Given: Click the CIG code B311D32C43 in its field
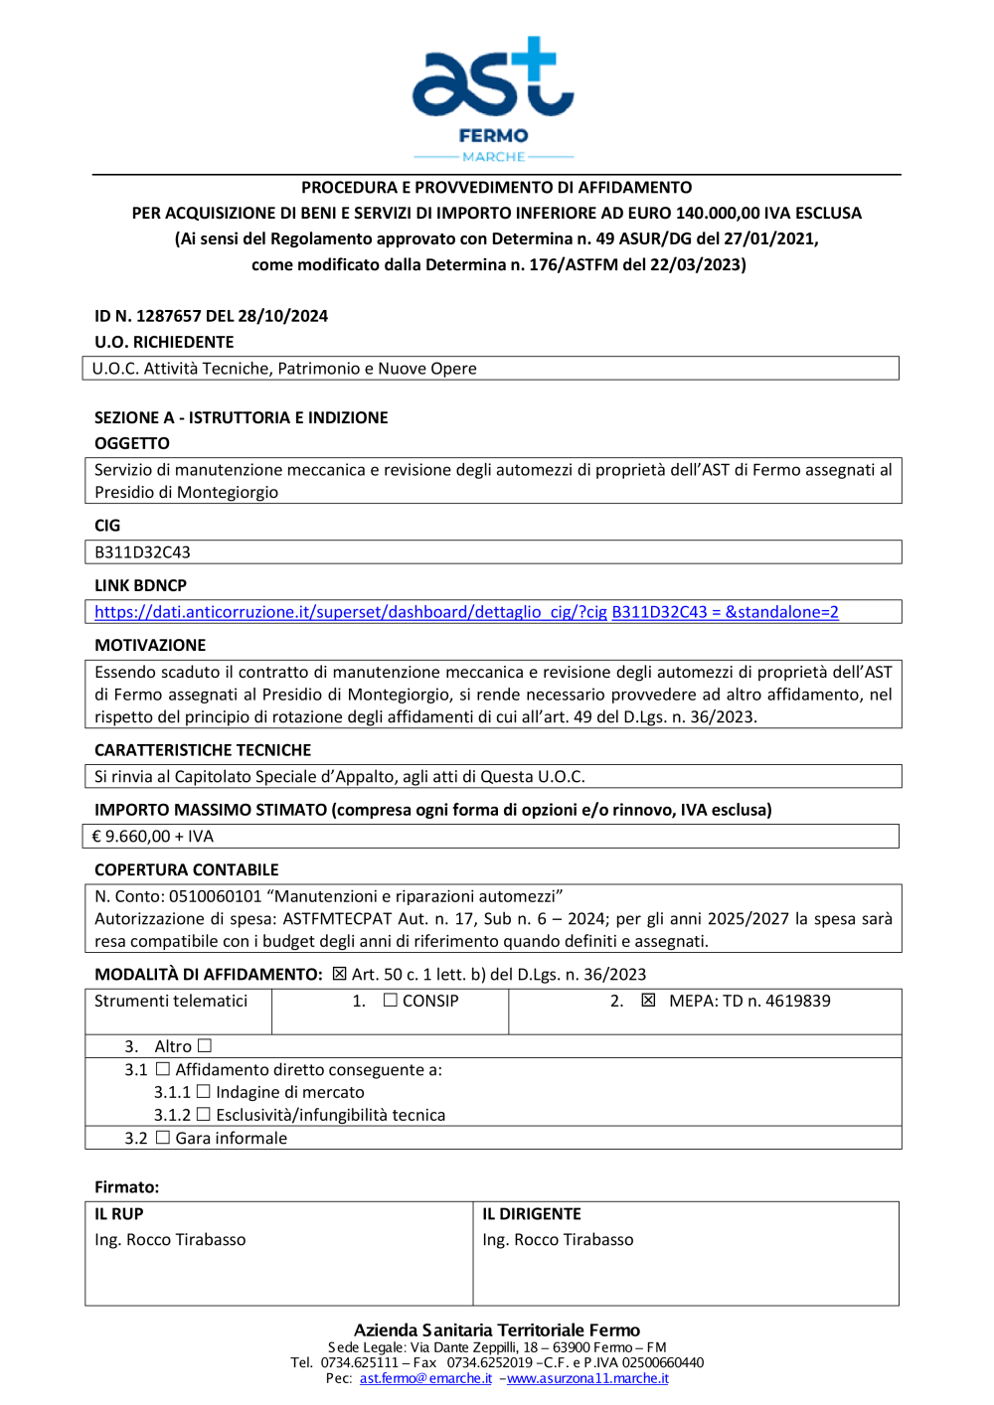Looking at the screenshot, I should (x=142, y=552).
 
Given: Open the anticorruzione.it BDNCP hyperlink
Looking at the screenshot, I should (x=465, y=612).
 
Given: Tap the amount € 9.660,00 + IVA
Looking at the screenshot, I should (x=152, y=837).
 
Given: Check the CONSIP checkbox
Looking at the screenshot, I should (x=391, y=1001).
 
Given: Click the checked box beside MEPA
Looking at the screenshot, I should (x=648, y=1001).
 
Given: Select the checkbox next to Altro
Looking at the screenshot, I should (x=205, y=1045).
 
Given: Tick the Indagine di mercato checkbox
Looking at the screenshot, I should (x=203, y=1091).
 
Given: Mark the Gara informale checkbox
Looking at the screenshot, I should (x=163, y=1138).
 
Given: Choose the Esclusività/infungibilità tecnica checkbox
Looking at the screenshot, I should (x=203, y=1115).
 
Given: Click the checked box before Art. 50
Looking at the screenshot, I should (x=339, y=974).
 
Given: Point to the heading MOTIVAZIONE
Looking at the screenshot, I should (x=150, y=645).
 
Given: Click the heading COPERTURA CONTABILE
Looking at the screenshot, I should (x=186, y=869).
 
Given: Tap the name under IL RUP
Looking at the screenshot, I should (x=170, y=1240).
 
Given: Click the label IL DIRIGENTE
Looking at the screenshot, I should (x=532, y=1214).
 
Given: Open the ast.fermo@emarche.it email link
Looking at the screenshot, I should (x=425, y=1378).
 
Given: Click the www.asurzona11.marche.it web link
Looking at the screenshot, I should (x=587, y=1378).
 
